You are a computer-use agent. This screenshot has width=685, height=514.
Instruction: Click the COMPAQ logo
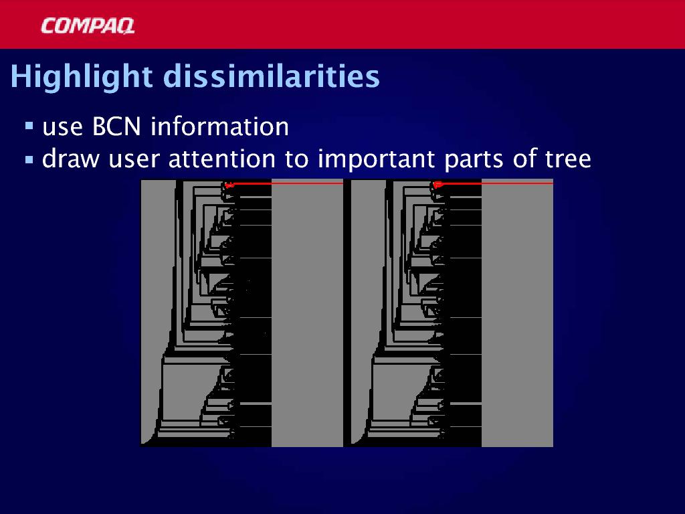coord(88,25)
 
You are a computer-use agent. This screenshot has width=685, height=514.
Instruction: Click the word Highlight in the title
coord(82,77)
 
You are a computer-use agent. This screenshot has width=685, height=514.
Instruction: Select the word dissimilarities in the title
coord(272,76)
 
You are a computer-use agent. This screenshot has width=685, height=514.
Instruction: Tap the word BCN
coord(116,126)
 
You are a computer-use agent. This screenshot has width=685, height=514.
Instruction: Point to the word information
coord(219,126)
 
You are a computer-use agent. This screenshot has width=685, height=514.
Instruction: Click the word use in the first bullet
coord(62,128)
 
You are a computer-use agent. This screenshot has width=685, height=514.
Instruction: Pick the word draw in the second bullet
coord(71,159)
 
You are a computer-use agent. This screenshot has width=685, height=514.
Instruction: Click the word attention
coord(222,159)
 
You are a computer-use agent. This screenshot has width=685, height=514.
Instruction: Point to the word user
coord(134,161)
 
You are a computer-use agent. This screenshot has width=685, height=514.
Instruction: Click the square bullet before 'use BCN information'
coord(29,126)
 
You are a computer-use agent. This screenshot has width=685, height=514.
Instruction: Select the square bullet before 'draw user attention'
coord(29,159)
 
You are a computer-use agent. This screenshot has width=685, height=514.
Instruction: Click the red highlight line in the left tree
coord(285,183)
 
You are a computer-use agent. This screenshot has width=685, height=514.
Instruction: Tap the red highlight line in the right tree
coord(494,183)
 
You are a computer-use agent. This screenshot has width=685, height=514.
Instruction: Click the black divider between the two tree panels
coord(347,313)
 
